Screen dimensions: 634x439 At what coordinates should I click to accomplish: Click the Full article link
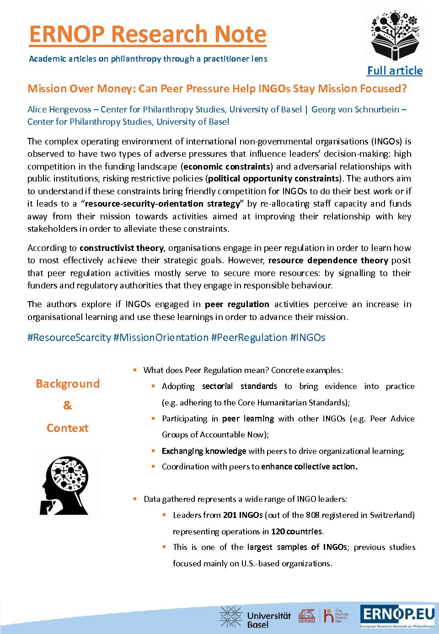(x=395, y=71)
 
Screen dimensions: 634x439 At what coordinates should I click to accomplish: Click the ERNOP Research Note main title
(x=148, y=34)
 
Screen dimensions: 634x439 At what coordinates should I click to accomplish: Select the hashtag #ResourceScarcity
(x=69, y=338)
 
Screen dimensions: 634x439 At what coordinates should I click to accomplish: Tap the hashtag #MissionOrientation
(x=161, y=338)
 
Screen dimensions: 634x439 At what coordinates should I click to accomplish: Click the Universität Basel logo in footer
(x=255, y=617)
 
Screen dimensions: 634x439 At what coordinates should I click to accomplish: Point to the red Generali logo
(x=307, y=616)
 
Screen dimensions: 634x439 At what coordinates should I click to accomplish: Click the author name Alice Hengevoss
(x=59, y=110)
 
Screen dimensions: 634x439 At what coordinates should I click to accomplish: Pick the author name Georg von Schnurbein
(x=355, y=110)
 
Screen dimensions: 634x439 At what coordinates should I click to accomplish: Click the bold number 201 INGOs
(x=243, y=515)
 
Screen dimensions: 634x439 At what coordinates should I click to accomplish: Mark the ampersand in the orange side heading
(x=67, y=405)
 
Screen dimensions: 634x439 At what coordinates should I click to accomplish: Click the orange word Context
(x=68, y=428)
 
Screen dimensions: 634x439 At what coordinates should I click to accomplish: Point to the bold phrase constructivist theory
(x=122, y=248)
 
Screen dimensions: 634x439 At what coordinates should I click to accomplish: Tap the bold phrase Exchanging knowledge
(x=204, y=451)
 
